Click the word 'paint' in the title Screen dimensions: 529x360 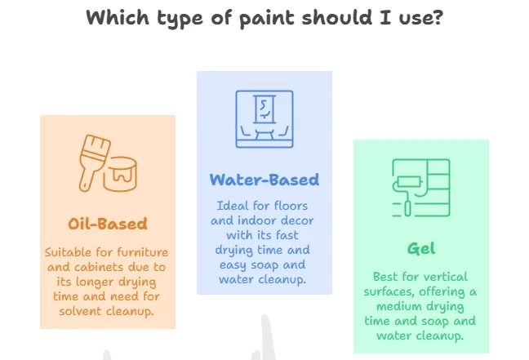click(268, 18)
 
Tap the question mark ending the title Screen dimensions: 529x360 click(438, 17)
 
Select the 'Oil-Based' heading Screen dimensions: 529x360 click(108, 224)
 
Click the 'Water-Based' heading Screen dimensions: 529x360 click(264, 180)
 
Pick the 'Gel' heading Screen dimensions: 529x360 click(421, 248)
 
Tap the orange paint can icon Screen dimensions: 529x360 click(120, 174)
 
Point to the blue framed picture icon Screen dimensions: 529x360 click(264, 118)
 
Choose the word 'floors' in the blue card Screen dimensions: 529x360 click(291, 206)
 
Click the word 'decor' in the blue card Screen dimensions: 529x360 click(297, 220)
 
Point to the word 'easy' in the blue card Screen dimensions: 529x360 click(233, 265)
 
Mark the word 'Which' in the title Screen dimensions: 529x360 click(118, 17)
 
